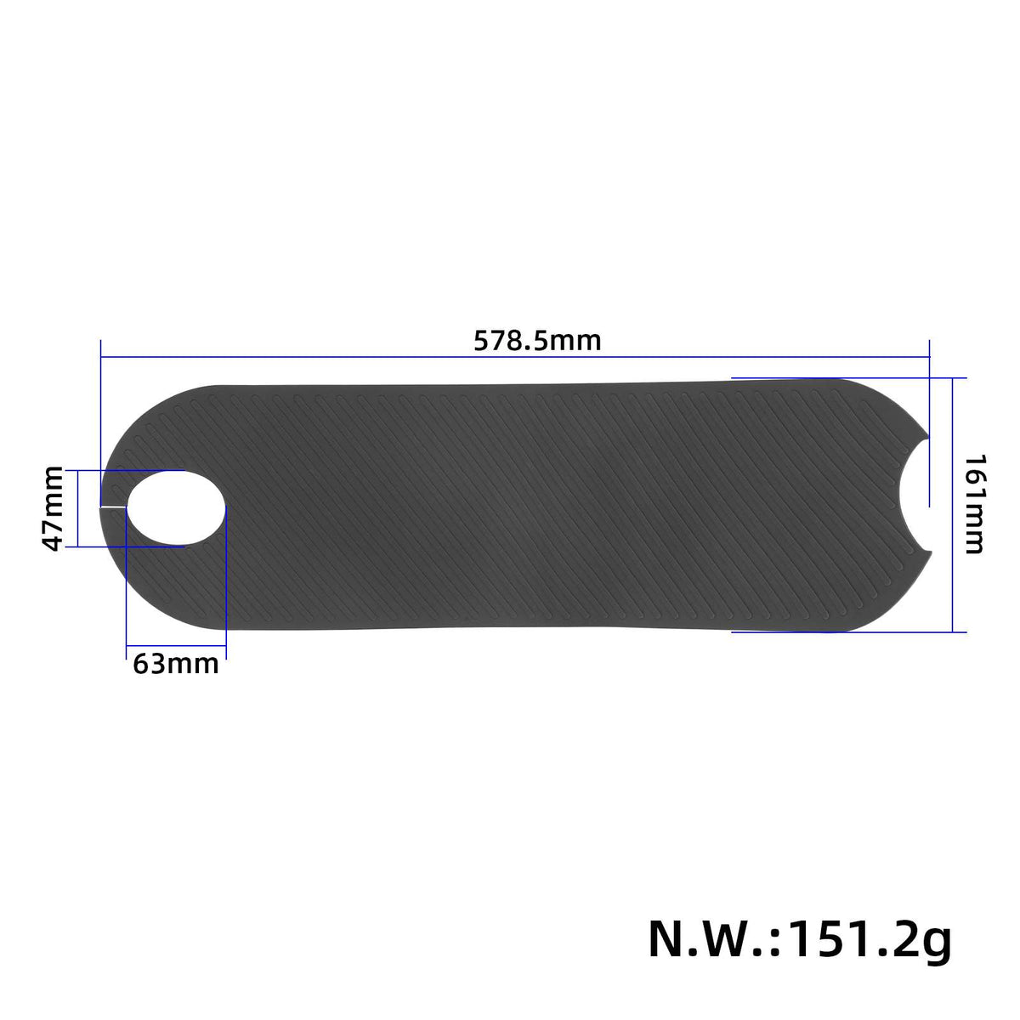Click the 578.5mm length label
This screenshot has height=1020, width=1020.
[537, 341]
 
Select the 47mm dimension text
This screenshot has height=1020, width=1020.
[53, 508]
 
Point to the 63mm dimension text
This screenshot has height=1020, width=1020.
[176, 663]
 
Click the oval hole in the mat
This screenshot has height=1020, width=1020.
[177, 507]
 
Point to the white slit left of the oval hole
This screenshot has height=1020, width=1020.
[113, 507]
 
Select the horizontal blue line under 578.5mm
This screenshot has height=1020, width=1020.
[514, 358]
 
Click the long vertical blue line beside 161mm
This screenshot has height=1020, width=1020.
[954, 504]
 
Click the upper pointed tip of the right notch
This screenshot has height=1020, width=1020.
[928, 436]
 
